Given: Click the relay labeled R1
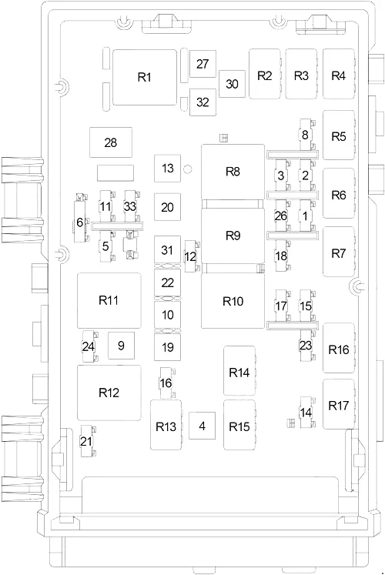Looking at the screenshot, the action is (145, 78).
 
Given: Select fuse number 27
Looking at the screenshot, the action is (203, 64).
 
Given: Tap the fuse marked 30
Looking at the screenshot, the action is (232, 84).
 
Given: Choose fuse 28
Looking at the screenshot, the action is (111, 142).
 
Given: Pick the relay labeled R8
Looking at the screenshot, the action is (233, 172).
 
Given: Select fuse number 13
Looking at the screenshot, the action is (167, 169).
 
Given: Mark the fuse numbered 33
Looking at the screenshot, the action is (131, 206).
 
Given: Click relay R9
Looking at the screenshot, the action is (233, 236).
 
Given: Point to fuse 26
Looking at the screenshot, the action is (282, 216).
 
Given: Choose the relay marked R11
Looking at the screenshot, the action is (109, 300).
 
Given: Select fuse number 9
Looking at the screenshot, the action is (121, 346).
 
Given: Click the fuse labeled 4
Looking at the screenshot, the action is (202, 426).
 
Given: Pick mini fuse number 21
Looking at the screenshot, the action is (87, 441).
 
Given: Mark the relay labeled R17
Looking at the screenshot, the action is (339, 404).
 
